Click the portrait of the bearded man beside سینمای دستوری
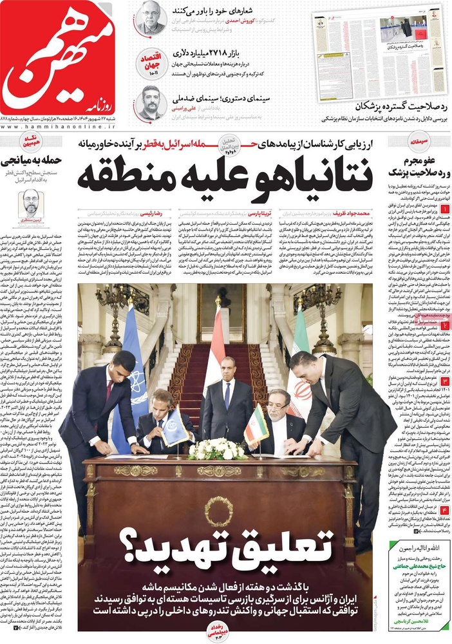click(x=150, y=103)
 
